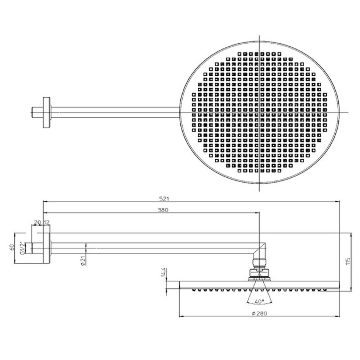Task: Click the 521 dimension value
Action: tap(164, 199)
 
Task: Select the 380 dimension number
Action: tap(163, 210)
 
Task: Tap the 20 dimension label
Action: tap(38, 222)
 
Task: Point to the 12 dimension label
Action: tap(47, 222)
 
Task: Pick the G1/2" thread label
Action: tap(22, 248)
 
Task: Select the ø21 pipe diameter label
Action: tap(83, 260)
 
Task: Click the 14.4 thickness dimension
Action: tap(163, 272)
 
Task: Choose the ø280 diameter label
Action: tap(260, 313)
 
